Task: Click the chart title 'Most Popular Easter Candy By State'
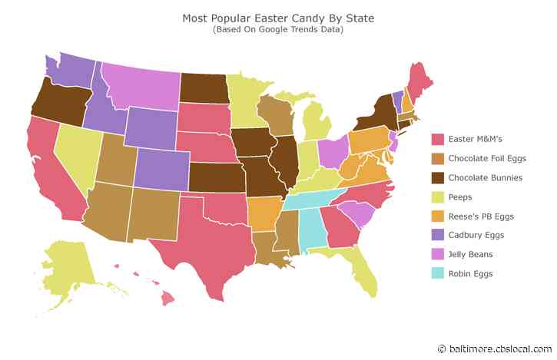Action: pyautogui.click(x=278, y=17)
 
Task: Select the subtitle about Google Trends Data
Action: pyautogui.click(x=278, y=30)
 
